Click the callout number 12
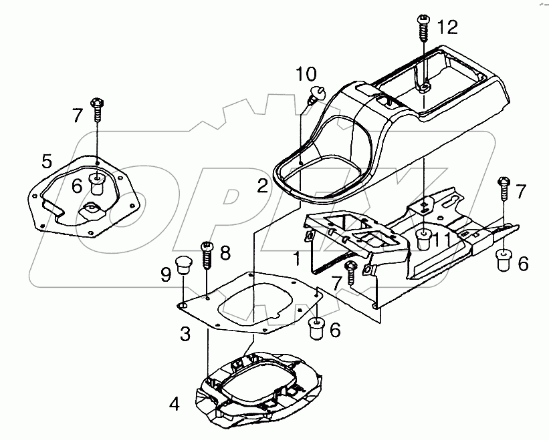tap(447, 27)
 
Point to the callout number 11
tap(442, 240)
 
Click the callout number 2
tap(262, 185)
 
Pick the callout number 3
tap(185, 333)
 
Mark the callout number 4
tap(174, 404)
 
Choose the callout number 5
tap(46, 161)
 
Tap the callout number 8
tap(225, 253)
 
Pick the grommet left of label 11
tap(423, 238)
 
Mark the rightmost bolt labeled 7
tap(504, 184)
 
